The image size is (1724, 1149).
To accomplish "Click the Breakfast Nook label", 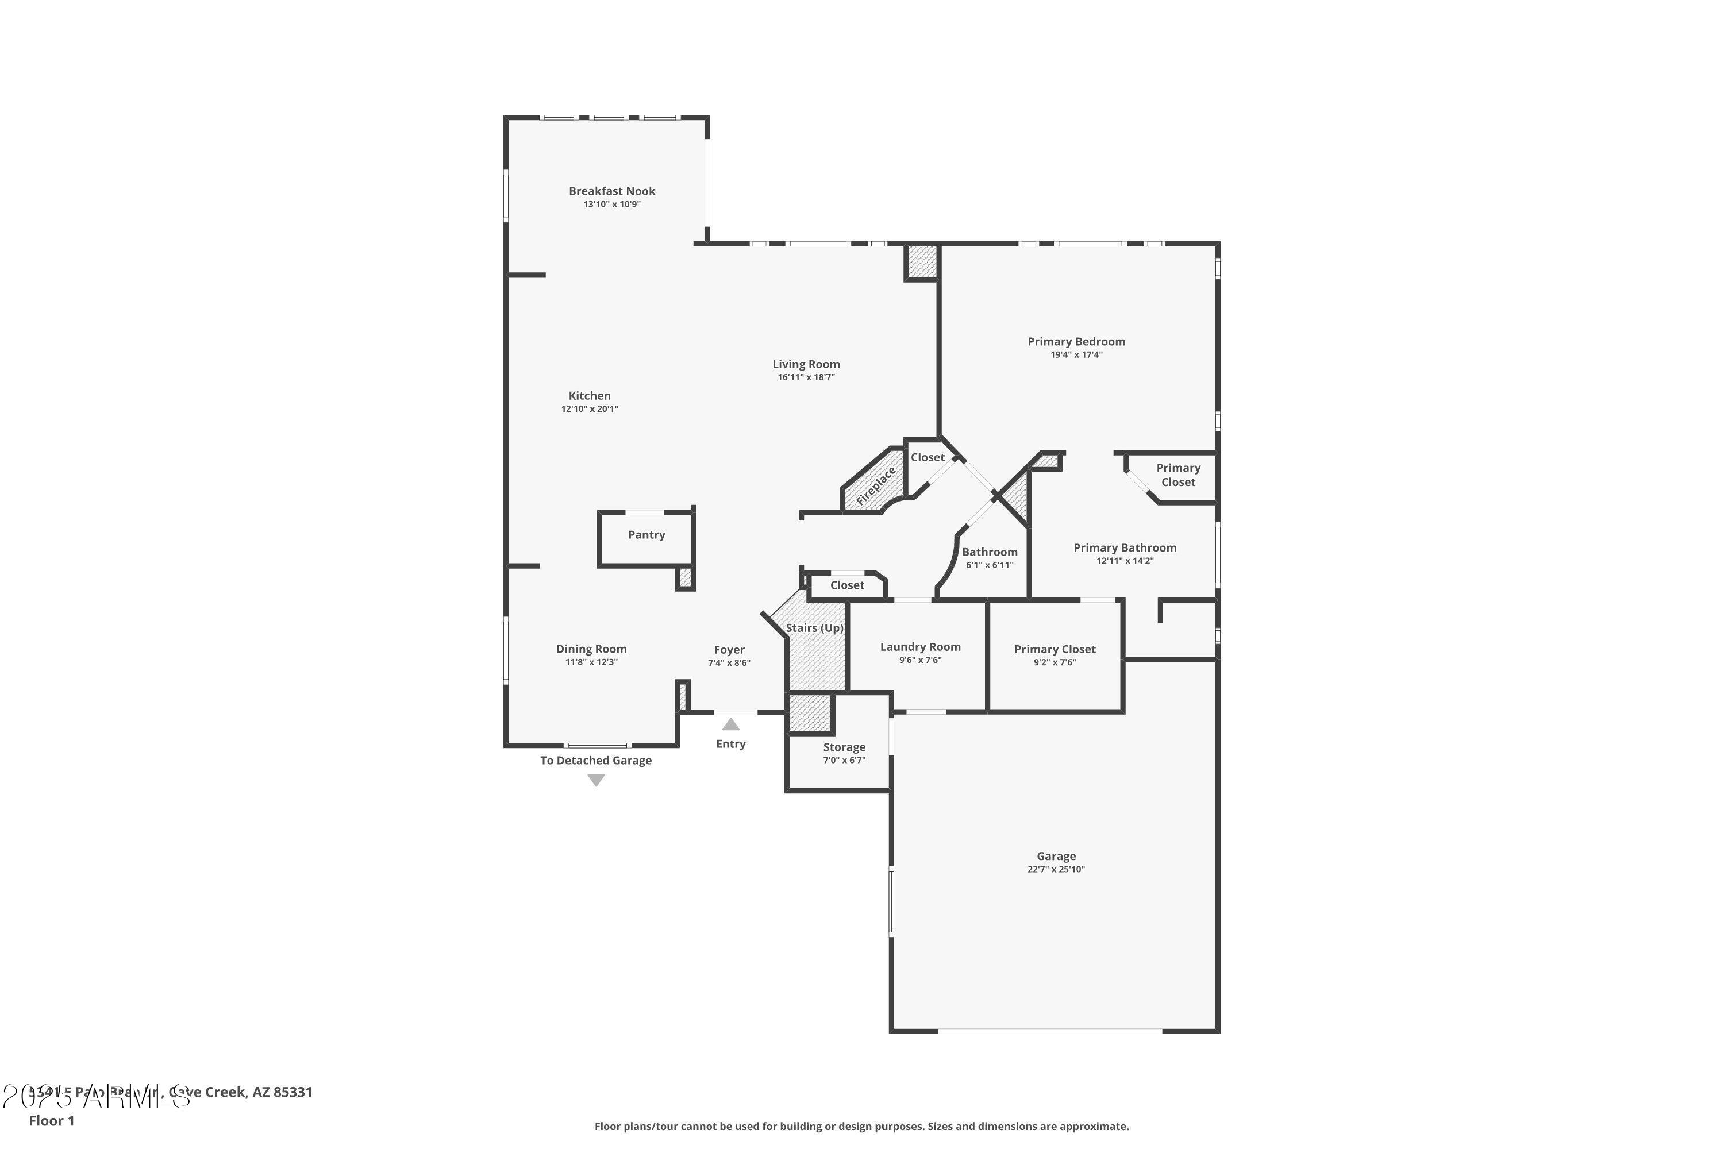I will coord(612,191).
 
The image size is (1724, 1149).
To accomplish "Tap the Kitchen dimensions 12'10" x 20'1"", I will coord(590,409).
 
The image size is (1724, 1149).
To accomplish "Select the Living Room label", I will coord(806,364).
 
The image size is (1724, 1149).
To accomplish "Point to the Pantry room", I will coord(646,535).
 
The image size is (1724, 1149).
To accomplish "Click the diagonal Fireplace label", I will coord(876,487).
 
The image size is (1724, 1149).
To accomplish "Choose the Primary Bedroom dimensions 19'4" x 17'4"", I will coord(1076,354).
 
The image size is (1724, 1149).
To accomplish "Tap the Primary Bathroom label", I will coord(1125,548).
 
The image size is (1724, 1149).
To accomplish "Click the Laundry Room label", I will coord(920,647).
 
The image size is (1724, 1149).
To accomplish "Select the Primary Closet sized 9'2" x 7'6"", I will coord(1055,649).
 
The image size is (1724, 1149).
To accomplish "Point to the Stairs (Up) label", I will coord(814,628).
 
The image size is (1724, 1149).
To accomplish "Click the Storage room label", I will coord(844,747).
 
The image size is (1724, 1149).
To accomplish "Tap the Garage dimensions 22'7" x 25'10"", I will coord(1056,870).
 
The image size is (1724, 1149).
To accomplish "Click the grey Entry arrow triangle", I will coord(731,724).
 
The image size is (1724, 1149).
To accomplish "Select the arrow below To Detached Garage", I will coord(596,780).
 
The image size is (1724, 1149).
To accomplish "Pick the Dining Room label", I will coord(591,649).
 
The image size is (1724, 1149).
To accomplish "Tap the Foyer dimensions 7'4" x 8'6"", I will coord(729,663).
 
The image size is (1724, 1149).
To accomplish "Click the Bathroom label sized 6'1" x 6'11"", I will coord(990,553).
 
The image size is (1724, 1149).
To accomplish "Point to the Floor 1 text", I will coord(51,1120).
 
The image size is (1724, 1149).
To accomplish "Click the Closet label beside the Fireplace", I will coord(928,457).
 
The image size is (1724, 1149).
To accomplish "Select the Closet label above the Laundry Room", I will coord(846,585).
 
